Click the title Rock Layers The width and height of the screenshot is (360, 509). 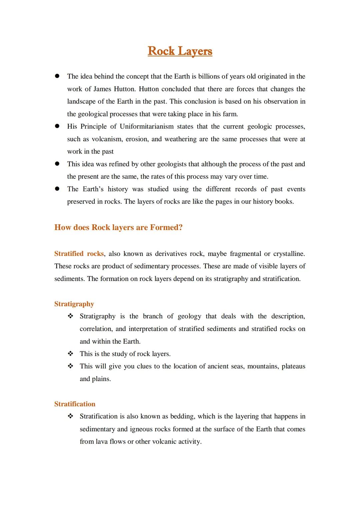(x=180, y=51)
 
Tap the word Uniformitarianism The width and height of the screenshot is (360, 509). (x=147, y=126)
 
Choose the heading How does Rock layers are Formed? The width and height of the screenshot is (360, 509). (x=118, y=227)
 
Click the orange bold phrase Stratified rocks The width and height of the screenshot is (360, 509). (x=79, y=254)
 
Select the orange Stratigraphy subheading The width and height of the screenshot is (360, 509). (x=74, y=304)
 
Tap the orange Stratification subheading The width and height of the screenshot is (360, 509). (x=75, y=404)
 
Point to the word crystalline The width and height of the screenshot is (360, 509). (x=289, y=254)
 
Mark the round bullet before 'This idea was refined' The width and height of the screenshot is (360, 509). (x=57, y=164)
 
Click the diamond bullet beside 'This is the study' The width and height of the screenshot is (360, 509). (x=70, y=354)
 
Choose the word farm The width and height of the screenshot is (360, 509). (x=230, y=114)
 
